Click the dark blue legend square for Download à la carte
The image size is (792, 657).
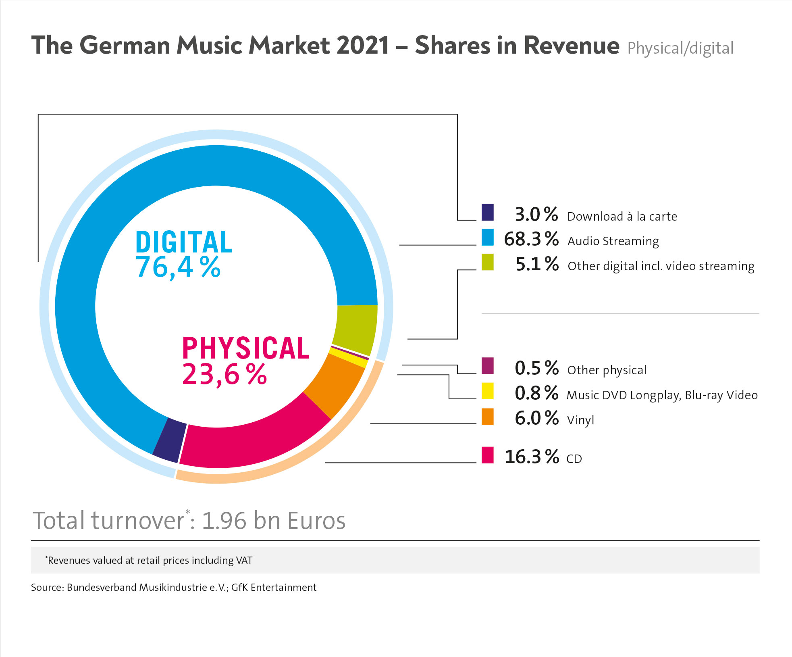(487, 213)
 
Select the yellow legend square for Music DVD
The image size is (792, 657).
(487, 391)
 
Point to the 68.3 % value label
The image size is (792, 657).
(531, 239)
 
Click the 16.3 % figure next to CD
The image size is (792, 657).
(531, 457)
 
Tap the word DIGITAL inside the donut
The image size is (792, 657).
(184, 242)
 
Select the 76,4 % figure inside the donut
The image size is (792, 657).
(178, 267)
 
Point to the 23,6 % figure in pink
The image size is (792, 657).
(224, 374)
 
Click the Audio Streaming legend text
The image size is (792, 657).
(613, 241)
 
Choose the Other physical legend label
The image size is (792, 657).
(607, 370)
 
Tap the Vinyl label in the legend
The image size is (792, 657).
(580, 420)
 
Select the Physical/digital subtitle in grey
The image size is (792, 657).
(680, 48)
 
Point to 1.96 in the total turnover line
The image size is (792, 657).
(224, 521)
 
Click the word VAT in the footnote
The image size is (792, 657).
(244, 561)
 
